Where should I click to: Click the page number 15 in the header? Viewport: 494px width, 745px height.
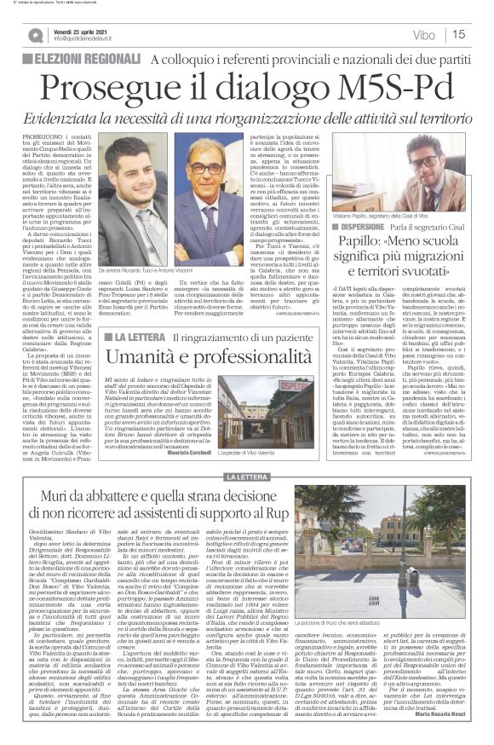pyautogui.click(x=481, y=34)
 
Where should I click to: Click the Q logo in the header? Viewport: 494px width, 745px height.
pyautogui.click(x=34, y=34)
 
